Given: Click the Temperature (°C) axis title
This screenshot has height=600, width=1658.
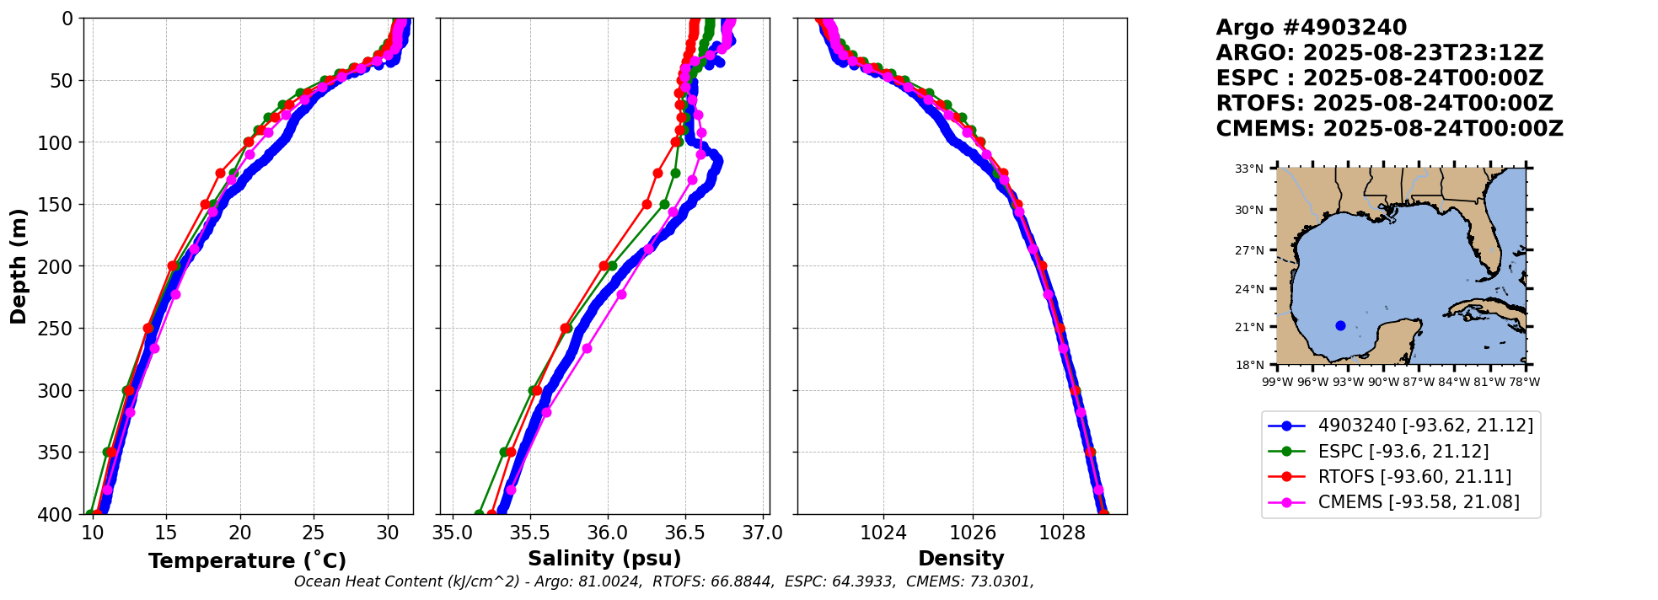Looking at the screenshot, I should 247,561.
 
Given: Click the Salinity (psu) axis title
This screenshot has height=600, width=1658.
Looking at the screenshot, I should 604,559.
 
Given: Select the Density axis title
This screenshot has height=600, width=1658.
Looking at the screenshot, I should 961,559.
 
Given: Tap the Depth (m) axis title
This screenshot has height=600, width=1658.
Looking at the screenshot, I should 19,266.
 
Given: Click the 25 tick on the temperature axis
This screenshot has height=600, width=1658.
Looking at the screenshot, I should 314,533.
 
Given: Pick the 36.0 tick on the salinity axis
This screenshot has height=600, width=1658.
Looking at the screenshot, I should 608,533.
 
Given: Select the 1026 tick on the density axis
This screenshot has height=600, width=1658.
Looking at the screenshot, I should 973,533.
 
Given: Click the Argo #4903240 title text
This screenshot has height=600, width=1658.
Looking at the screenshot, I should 1311,28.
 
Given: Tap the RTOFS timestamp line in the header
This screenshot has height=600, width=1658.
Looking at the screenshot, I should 1384,104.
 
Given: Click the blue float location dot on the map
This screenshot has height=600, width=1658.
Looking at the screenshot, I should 1340,325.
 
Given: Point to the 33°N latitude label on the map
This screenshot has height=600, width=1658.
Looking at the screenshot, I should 1249,169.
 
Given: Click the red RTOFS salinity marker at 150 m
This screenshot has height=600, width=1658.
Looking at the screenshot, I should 647,204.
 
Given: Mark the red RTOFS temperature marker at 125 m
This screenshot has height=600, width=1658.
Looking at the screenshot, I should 220,173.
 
